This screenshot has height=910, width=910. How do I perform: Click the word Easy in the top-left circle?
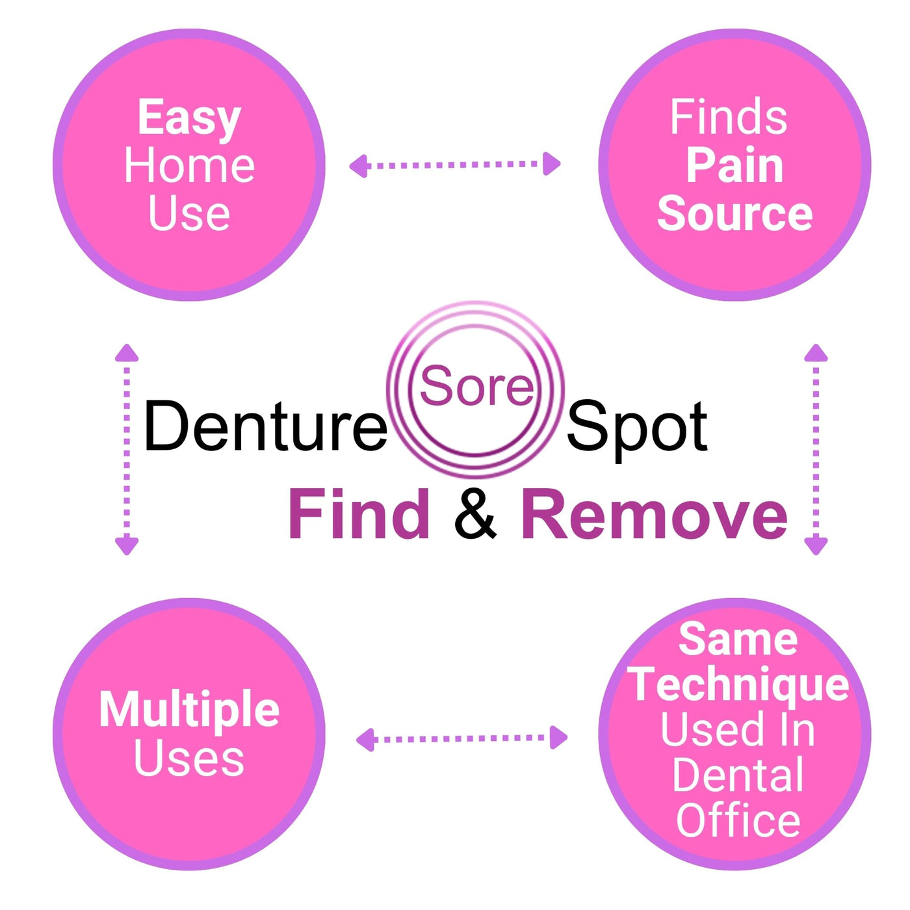189,118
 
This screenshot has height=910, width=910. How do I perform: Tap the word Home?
189,166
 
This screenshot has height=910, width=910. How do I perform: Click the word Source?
734,214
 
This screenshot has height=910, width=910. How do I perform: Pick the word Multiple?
189,710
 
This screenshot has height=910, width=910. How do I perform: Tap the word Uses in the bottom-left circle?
189,758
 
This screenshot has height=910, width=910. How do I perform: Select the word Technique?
738,685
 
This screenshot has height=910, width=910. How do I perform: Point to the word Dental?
738,775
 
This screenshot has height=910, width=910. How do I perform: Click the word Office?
738,820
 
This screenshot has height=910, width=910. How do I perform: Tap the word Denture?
265,426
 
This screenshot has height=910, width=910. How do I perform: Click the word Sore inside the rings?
476,386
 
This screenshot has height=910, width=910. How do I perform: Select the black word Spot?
637,428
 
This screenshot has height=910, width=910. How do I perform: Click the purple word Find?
359,515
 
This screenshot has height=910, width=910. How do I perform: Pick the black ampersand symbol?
475,515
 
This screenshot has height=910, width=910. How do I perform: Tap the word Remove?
655,515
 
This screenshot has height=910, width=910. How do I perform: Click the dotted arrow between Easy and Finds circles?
455,164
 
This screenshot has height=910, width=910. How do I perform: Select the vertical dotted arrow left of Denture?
127,449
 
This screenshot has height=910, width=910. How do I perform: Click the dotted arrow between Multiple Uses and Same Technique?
461,739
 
